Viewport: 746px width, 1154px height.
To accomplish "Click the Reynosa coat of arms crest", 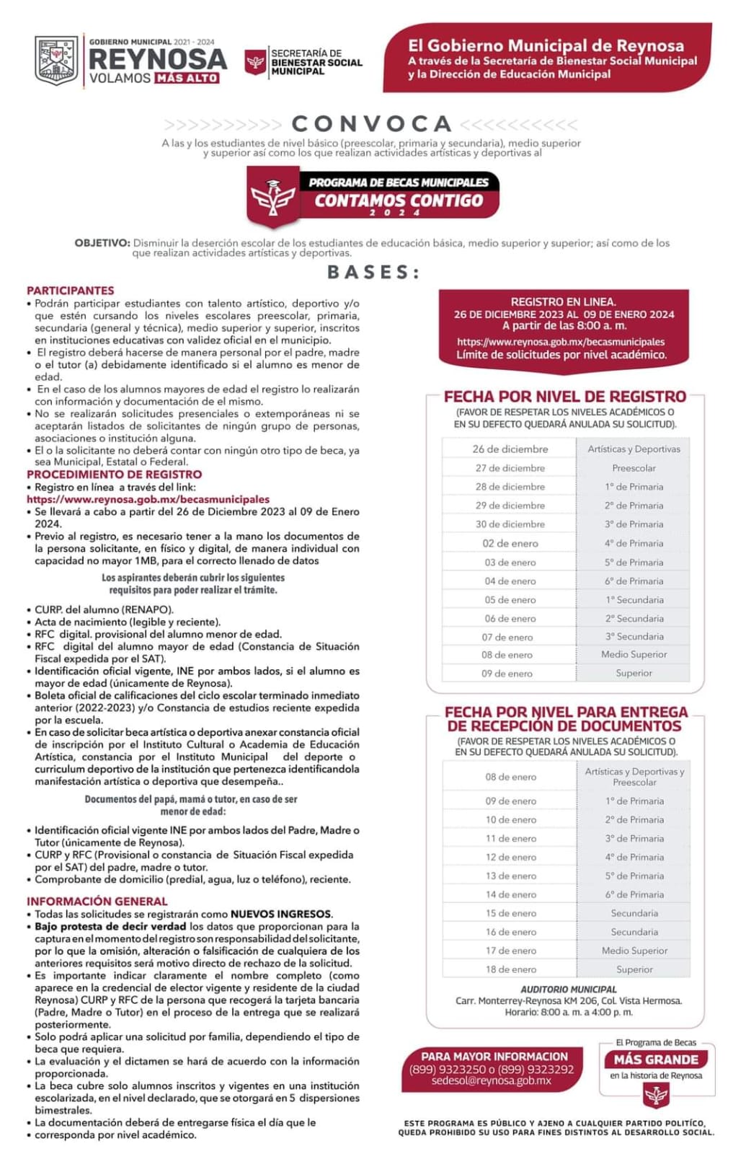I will [56, 60].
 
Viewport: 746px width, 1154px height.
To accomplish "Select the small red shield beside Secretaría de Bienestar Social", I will [255, 62].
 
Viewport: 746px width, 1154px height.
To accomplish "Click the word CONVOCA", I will [372, 123].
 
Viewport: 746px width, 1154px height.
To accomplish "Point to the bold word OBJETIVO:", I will [102, 243].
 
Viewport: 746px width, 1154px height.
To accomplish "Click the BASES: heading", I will [374, 272].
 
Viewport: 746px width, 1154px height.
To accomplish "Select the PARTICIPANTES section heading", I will [71, 291].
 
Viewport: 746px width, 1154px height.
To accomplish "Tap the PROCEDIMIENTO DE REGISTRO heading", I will [115, 475].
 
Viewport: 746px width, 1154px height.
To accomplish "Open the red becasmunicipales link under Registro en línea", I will [148, 499].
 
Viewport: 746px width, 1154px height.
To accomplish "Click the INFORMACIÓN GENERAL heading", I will [97, 902].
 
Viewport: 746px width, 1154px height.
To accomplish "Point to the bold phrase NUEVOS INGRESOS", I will [281, 914].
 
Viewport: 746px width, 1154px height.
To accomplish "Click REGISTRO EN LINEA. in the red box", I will [563, 302].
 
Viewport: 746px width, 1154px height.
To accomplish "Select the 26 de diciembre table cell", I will [510, 449].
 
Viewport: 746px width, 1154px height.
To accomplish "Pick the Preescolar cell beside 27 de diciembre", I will [634, 468].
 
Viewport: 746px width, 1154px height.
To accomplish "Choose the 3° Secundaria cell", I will [634, 637].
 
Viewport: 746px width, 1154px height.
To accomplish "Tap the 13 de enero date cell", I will [510, 876].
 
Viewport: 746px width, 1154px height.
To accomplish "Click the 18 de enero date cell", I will [510, 969].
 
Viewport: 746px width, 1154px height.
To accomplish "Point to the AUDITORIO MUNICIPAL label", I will [569, 990].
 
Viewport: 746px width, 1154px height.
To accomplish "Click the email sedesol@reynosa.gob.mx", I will [492, 1081].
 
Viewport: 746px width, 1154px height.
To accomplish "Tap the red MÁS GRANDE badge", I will [656, 1060].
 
